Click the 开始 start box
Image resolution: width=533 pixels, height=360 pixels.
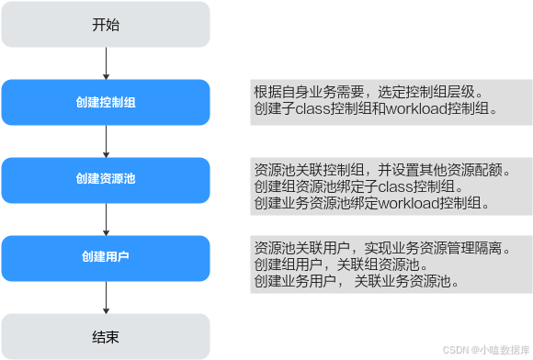click(x=106, y=25)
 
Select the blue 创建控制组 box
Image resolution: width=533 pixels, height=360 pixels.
click(x=106, y=102)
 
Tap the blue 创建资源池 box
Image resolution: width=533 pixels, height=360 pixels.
click(x=106, y=178)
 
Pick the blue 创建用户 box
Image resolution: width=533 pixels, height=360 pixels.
click(x=106, y=255)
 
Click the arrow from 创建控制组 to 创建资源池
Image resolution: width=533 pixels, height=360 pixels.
click(x=106, y=140)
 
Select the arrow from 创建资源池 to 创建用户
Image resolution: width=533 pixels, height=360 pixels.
click(x=106, y=217)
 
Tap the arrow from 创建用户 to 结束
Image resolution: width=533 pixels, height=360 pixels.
click(x=106, y=295)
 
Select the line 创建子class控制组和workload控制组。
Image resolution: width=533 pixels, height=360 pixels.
click(x=376, y=108)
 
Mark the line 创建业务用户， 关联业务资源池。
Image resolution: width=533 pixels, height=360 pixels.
click(x=357, y=280)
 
